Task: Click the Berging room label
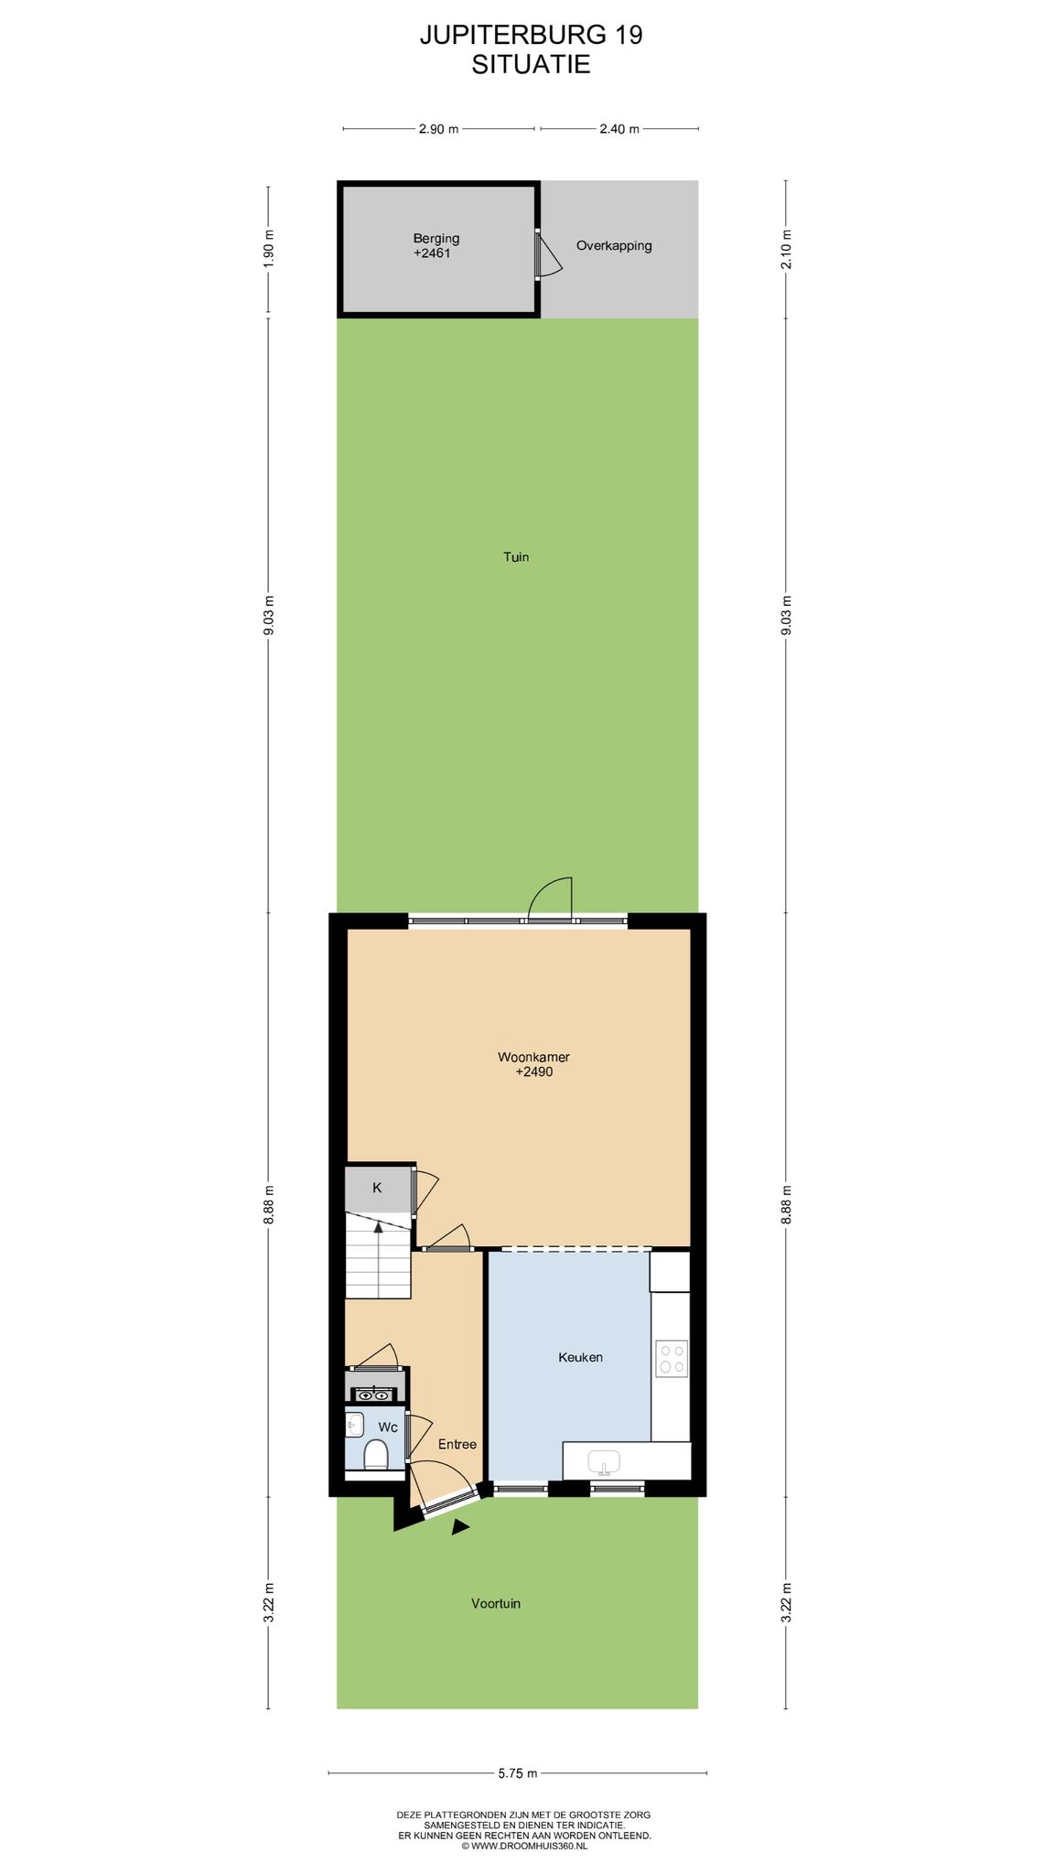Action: click(x=436, y=239)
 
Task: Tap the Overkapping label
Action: click(x=614, y=246)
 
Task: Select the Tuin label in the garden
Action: click(x=516, y=556)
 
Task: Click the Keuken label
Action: click(x=580, y=1357)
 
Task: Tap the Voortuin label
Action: click(x=496, y=1603)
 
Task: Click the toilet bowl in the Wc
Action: click(x=376, y=1453)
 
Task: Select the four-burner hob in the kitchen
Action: click(x=672, y=1359)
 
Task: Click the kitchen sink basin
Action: click(x=603, y=1461)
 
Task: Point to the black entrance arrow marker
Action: click(x=460, y=1526)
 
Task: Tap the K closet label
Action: click(x=377, y=1188)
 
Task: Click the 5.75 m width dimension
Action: click(x=518, y=1773)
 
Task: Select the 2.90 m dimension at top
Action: click(x=438, y=129)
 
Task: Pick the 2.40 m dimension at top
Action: click(x=619, y=129)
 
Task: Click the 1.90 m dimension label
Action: click(x=269, y=248)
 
